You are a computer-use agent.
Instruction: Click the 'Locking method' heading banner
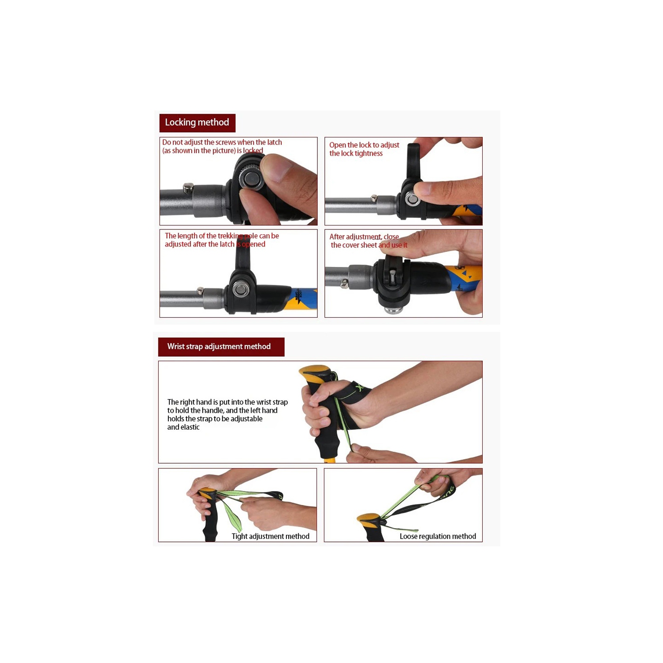click(197, 122)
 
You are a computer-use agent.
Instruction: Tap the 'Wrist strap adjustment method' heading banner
click(221, 347)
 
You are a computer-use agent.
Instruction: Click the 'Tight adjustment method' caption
click(270, 536)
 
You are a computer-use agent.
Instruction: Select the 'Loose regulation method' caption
click(438, 536)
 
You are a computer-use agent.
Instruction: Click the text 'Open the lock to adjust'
click(364, 145)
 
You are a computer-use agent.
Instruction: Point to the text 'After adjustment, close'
click(364, 237)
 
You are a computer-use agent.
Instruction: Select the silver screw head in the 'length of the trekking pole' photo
click(241, 290)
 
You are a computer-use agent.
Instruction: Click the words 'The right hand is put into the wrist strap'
click(227, 402)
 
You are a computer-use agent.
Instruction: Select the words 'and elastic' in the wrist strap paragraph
click(183, 427)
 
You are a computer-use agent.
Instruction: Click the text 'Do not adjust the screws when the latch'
click(222, 142)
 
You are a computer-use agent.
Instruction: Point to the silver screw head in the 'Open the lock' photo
click(412, 199)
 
